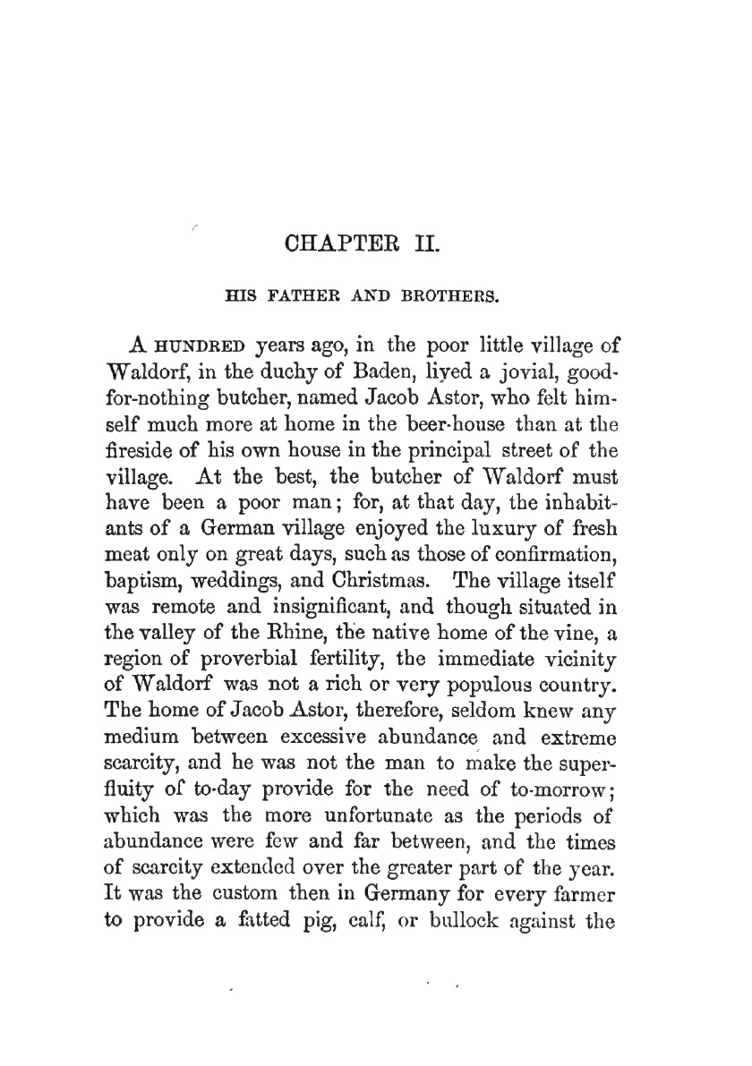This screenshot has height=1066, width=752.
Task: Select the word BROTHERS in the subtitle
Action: point(469,293)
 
